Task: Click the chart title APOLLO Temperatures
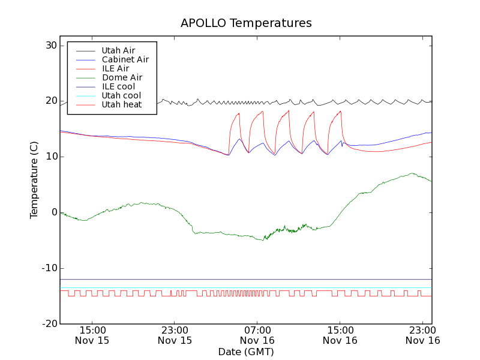(246, 23)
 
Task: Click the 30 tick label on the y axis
(50, 46)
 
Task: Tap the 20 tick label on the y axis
(50, 101)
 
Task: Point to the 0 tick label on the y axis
(53, 212)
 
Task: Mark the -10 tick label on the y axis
(49, 268)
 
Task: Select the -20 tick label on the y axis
(49, 324)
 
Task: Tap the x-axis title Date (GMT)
(246, 352)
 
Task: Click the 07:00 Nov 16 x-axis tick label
(257, 335)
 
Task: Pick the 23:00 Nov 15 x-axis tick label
(175, 335)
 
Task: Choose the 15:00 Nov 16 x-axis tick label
(340, 335)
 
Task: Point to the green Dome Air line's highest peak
(412, 173)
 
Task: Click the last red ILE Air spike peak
(340, 111)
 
